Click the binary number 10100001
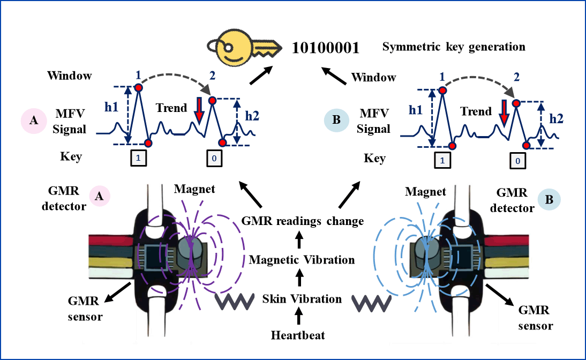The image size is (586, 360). point(326,48)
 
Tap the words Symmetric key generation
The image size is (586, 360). point(454,47)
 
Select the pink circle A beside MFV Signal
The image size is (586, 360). point(34,121)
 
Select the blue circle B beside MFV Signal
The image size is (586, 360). point(336,119)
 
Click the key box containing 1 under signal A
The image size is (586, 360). point(138,158)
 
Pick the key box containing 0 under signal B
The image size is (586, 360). point(518,161)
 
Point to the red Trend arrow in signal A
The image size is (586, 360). point(199,111)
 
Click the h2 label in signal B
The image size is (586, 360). point(556,119)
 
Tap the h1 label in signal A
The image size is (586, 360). point(111,107)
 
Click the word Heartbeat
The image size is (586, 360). point(298,335)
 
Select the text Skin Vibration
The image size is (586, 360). point(302,299)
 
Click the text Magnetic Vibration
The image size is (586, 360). point(302,260)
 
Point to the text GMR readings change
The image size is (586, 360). point(303,221)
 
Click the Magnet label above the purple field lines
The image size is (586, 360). point(194,189)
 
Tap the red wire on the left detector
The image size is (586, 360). point(111,240)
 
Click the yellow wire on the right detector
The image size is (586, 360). point(506,264)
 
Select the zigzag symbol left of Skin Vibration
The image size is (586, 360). point(234,301)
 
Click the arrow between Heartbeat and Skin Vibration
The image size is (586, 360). point(298,316)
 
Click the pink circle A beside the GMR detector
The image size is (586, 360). point(100,196)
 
